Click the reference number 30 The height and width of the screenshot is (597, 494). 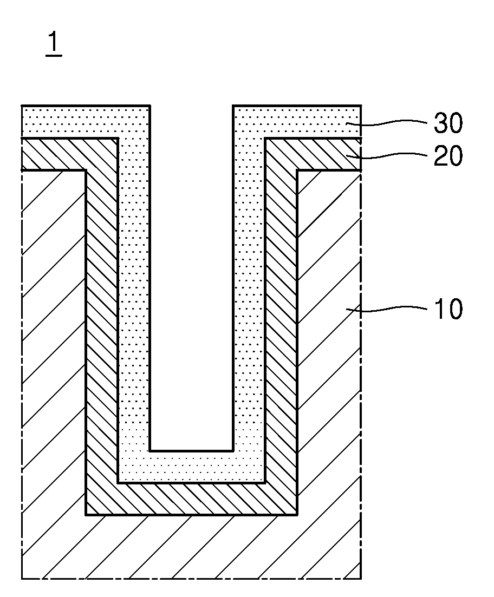[x=448, y=123]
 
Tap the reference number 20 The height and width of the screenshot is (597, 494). [x=448, y=156]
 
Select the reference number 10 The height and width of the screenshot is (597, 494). [x=448, y=309]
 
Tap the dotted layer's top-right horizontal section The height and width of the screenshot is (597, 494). [x=297, y=121]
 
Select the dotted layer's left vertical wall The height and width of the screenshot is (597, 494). [x=134, y=293]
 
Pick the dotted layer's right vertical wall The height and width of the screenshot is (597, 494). [x=249, y=293]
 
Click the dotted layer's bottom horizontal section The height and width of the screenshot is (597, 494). [x=191, y=467]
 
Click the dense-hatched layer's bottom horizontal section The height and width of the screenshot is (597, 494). [x=191, y=499]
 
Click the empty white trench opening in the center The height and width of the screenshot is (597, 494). [x=191, y=278]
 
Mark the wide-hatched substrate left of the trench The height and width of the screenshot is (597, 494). [x=54, y=343]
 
